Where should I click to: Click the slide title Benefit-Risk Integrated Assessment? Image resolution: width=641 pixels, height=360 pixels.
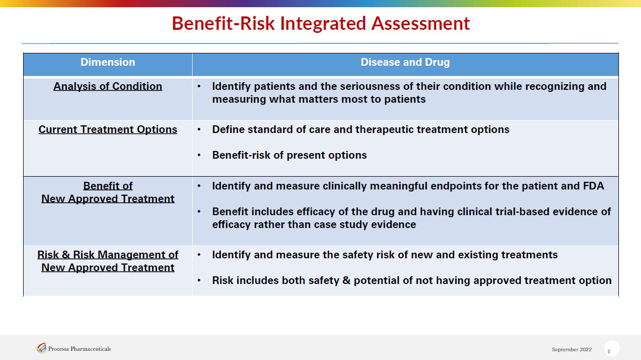coord(321,24)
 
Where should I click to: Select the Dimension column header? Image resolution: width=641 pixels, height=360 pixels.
coord(107,62)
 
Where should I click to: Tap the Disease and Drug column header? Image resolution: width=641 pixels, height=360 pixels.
coord(405,62)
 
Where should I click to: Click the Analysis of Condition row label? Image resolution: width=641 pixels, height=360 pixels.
coord(107,86)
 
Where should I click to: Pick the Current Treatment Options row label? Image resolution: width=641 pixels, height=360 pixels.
coord(107,129)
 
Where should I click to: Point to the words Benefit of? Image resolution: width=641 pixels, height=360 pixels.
coord(107,186)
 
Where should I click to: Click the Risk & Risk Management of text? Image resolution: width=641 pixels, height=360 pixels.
coord(107,255)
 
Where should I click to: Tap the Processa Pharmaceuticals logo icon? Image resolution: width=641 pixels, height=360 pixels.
coord(41,348)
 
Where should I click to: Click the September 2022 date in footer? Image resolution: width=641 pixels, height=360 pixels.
coord(572,349)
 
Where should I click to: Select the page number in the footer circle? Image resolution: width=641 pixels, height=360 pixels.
coord(609,351)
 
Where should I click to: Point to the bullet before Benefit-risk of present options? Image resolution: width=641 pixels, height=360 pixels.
coord(199,156)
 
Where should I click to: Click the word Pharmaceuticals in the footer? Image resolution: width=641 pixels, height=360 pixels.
coord(90,349)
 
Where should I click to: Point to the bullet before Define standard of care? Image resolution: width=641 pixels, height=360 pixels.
coord(199,129)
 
